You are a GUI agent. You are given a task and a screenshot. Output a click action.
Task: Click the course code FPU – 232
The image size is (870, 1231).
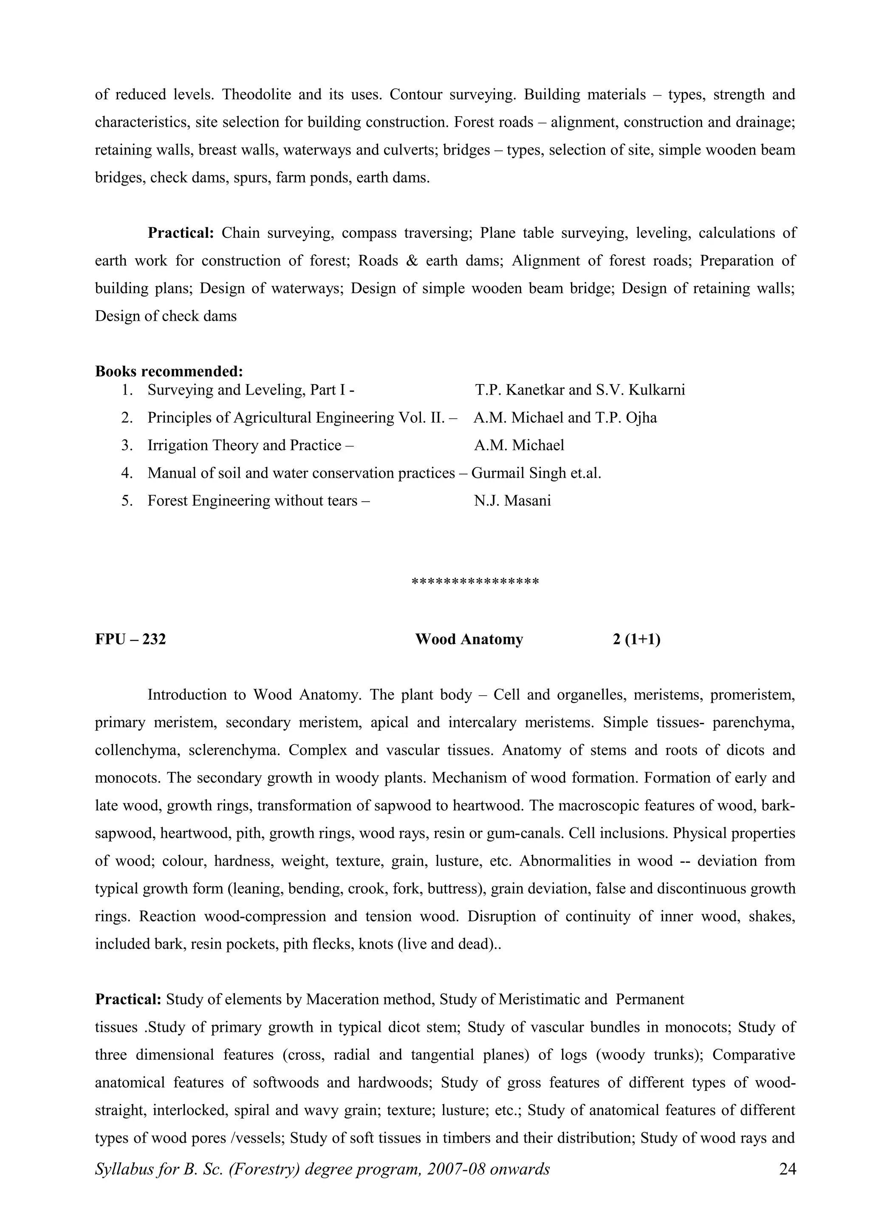click(130, 639)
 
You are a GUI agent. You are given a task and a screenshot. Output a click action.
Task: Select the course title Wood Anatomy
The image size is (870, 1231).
click(469, 639)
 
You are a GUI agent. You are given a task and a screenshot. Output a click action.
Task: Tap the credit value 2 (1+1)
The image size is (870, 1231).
click(636, 639)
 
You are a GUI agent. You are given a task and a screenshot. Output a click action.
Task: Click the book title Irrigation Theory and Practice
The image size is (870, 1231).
click(244, 445)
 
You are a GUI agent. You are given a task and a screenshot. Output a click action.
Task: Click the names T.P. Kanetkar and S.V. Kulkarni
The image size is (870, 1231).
click(579, 390)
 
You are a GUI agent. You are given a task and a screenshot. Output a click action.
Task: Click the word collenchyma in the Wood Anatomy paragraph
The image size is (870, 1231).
click(136, 750)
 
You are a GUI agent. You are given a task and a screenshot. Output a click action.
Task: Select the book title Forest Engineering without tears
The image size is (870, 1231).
click(252, 501)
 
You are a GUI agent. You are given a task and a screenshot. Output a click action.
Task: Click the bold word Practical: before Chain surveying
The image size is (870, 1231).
click(181, 233)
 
